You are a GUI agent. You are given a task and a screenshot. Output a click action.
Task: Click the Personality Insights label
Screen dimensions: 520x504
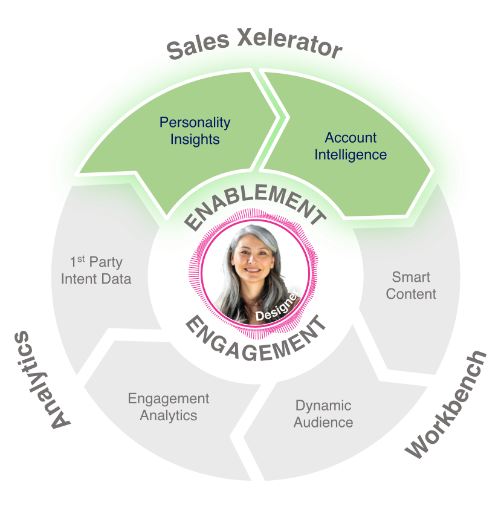tap(195, 131)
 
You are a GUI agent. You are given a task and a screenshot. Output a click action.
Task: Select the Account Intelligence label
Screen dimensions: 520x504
tap(351, 146)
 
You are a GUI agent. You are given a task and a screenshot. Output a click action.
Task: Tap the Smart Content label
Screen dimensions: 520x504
tap(411, 285)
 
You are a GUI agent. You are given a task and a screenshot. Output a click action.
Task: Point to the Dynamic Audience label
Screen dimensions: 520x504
tap(323, 414)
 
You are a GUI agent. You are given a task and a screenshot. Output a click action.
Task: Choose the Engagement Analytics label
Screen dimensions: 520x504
tap(169, 407)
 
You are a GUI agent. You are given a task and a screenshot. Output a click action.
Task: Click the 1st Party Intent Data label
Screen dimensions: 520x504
tap(96, 270)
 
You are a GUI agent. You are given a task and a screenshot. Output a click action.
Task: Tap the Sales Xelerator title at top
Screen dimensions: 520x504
tap(254, 47)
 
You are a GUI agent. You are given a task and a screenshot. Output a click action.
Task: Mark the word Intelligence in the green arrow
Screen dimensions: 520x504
tap(351, 155)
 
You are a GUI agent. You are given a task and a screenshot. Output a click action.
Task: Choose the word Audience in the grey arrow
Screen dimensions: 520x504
tap(323, 422)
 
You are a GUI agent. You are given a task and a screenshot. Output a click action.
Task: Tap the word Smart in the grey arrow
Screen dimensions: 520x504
tap(411, 278)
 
